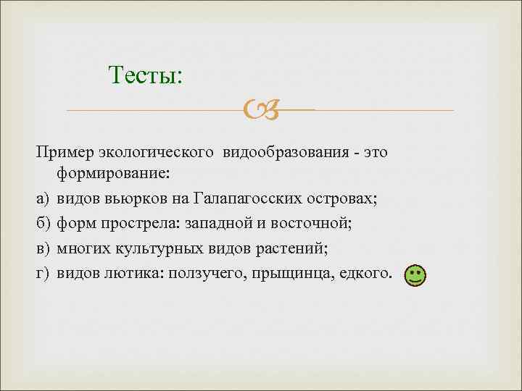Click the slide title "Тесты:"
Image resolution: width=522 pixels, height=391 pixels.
pyautogui.click(x=145, y=75)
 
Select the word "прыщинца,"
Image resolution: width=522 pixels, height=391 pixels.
pyautogui.click(x=286, y=274)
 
